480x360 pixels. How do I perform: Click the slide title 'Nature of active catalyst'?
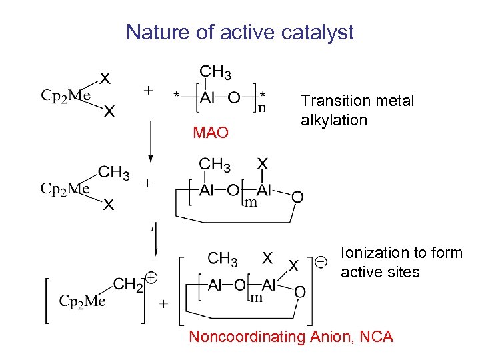(240, 32)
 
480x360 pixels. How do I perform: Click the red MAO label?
(211, 133)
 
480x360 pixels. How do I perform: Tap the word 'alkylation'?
(334, 121)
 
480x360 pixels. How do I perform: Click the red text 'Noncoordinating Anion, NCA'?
(291, 337)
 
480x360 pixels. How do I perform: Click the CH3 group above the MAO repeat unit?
(216, 71)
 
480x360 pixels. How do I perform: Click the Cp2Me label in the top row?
(66, 96)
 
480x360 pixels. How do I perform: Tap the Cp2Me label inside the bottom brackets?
(83, 302)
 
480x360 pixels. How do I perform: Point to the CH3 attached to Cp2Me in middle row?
(114, 173)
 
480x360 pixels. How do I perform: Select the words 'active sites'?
(380, 272)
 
